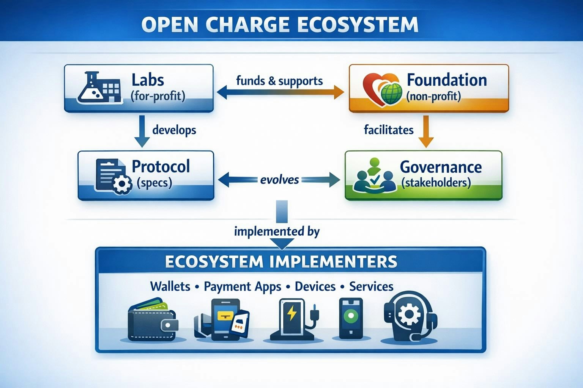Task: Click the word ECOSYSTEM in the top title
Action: point(358,25)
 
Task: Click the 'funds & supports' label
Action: point(279,81)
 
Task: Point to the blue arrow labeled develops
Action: point(142,131)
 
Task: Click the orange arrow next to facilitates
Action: point(426,131)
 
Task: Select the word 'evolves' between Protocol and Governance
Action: point(279,180)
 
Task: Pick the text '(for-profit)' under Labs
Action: point(158,96)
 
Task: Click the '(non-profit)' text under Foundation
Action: point(433,96)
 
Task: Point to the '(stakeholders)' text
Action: point(436,183)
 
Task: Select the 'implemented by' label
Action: point(277,231)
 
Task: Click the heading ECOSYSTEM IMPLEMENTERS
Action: point(281,262)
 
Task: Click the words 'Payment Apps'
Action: point(242,286)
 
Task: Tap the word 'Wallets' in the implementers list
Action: point(170,286)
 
